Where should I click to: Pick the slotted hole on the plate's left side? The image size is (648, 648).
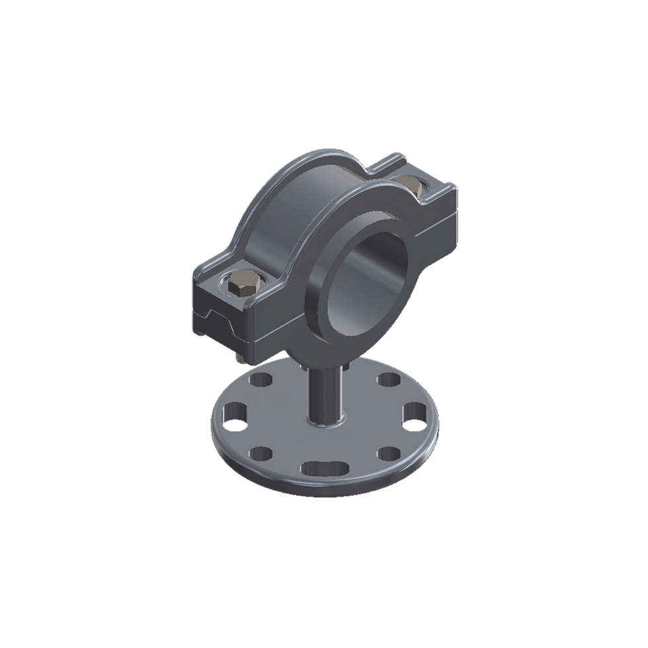[x=235, y=417]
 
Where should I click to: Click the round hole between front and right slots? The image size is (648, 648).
[x=388, y=454]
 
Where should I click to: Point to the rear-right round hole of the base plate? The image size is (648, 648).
[x=387, y=382]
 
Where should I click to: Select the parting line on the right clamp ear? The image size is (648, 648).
[x=423, y=227]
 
